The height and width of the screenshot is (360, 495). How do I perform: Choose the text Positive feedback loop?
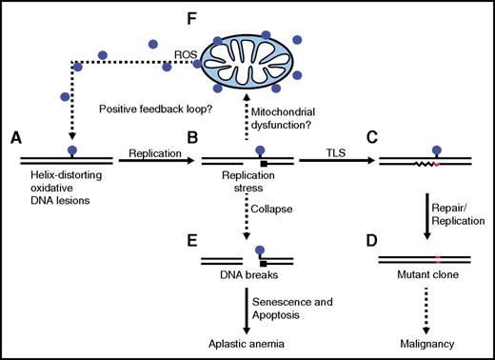tap(153, 109)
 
